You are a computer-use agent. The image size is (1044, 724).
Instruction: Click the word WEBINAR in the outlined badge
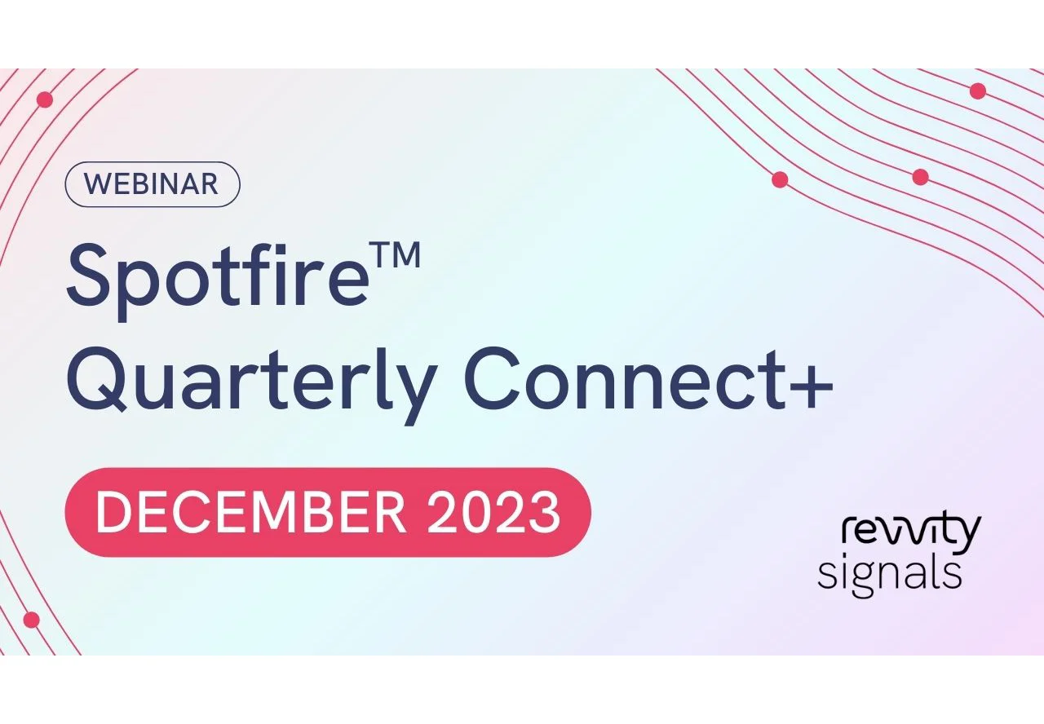[152, 184]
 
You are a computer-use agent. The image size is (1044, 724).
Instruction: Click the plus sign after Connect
[811, 381]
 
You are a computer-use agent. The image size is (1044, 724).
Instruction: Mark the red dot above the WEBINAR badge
[45, 99]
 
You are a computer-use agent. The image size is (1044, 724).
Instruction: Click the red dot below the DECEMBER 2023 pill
[32, 620]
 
